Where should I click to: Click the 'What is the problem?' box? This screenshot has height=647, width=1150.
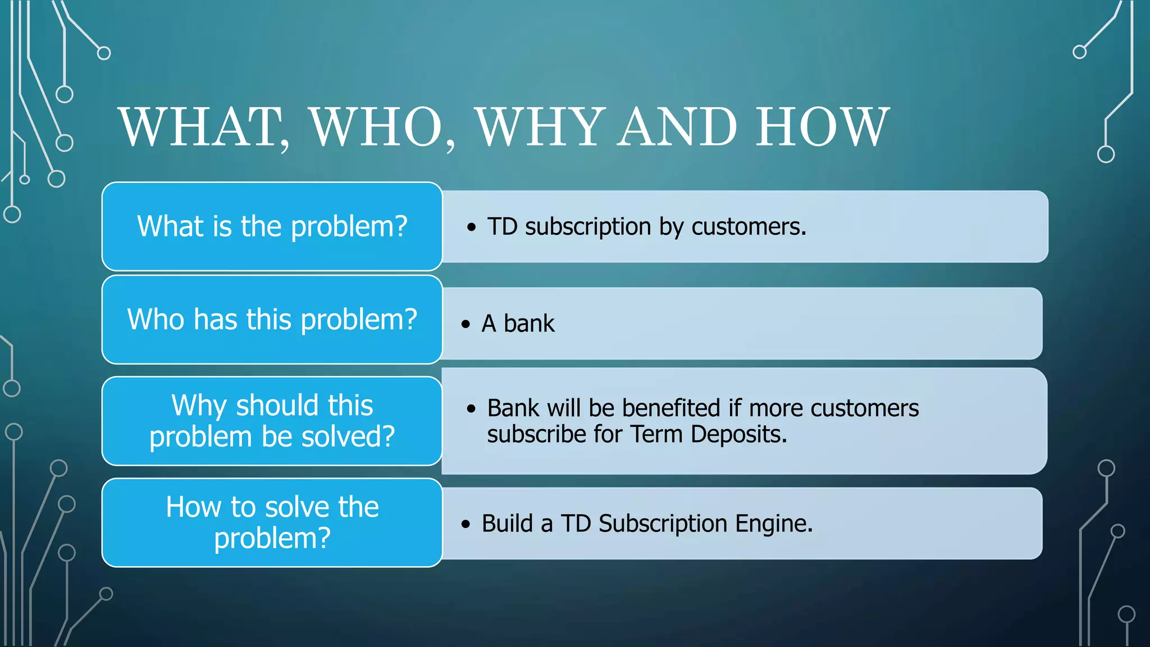point(272,226)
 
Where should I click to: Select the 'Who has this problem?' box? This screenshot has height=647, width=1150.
point(272,320)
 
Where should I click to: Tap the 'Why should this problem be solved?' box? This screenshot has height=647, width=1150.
point(272,421)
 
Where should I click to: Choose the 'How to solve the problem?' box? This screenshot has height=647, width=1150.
point(272,522)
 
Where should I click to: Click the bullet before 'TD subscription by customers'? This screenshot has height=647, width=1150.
point(471,227)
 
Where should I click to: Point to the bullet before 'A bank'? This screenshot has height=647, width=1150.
point(466,324)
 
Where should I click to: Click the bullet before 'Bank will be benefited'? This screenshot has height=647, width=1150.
point(471,408)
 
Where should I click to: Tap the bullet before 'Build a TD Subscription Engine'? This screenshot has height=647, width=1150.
point(466,524)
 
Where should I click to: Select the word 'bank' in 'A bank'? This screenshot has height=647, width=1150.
point(529,323)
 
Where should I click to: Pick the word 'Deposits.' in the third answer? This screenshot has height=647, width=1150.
point(738,434)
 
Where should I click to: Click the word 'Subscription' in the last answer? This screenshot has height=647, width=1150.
point(663,523)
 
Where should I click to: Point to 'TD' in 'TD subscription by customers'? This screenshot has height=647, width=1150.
point(502,227)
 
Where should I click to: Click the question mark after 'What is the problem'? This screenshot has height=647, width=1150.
point(400,226)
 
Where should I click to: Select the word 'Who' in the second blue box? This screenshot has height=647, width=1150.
point(156,320)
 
